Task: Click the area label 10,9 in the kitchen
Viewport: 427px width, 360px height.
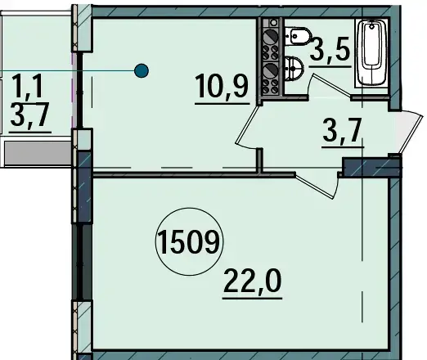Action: [x=222, y=86]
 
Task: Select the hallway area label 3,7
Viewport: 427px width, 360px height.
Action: [x=343, y=130]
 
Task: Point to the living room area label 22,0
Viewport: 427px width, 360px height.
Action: [x=252, y=281]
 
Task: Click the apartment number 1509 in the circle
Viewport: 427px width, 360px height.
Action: [x=189, y=241]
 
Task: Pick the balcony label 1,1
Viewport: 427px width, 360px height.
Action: [x=27, y=86]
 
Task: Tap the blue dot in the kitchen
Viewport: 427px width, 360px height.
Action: [x=142, y=70]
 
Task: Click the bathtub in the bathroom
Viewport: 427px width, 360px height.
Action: [x=371, y=53]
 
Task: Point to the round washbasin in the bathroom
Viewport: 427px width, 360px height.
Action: [x=294, y=68]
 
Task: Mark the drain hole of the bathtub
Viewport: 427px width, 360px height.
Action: [x=371, y=26]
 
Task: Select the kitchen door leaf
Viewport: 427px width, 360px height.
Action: [x=248, y=124]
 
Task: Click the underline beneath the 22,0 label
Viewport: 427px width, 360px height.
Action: [x=252, y=299]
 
